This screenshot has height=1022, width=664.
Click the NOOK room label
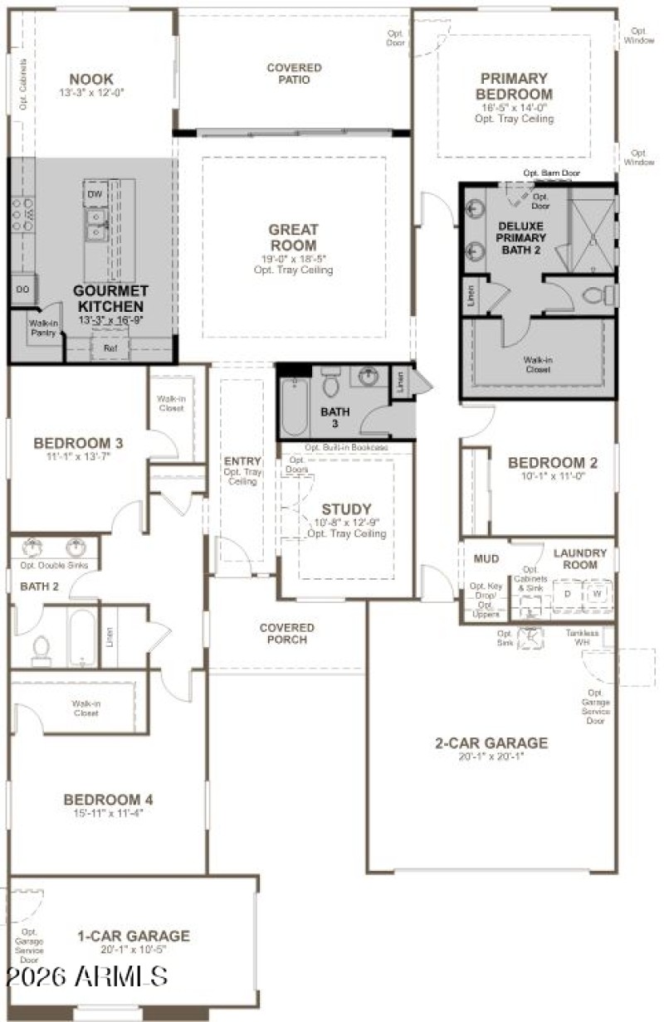(91, 79)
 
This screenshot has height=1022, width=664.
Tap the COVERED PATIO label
(294, 73)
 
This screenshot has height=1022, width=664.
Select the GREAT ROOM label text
(293, 237)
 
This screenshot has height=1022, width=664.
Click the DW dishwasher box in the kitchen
(95, 194)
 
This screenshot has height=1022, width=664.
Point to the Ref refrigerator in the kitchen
(110, 349)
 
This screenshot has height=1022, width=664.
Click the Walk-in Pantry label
(42, 328)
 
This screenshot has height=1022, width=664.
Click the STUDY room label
(347, 509)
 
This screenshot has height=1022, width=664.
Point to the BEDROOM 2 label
(552, 463)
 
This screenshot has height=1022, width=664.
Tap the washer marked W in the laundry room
(597, 595)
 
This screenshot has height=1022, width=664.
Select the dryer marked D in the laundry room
(569, 595)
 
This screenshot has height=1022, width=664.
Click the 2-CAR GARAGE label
(491, 742)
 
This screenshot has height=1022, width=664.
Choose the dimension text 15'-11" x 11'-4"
(109, 814)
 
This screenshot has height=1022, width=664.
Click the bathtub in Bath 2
(81, 639)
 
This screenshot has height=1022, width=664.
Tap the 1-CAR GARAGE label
(133, 936)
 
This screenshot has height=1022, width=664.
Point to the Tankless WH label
(604, 637)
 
